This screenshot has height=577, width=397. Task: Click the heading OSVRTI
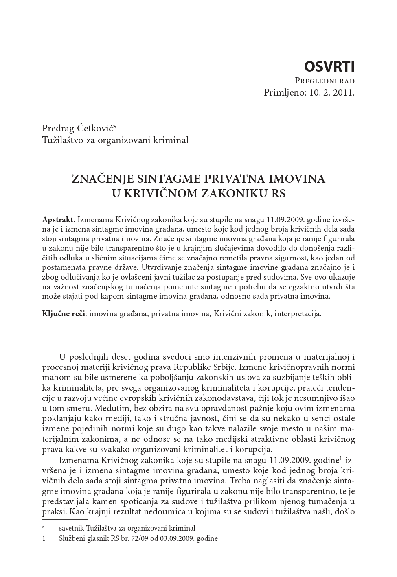(x=329, y=66)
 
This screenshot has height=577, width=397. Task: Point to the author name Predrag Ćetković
(x=79, y=129)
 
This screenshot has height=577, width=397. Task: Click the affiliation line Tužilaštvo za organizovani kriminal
(x=115, y=140)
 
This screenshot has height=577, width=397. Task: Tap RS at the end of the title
(x=278, y=193)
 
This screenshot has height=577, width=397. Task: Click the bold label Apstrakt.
(x=59, y=219)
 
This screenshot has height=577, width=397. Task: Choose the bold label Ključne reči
(x=64, y=314)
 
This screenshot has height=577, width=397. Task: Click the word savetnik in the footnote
(x=72, y=529)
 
